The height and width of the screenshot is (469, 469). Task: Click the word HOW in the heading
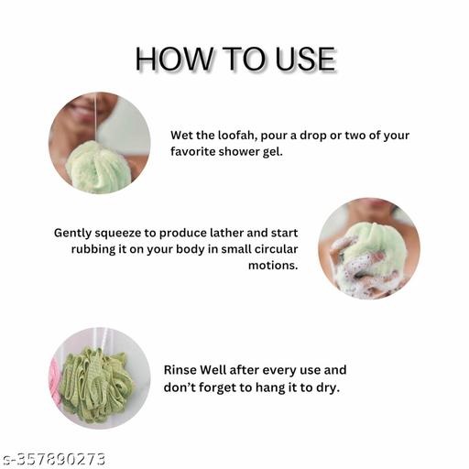coord(174,59)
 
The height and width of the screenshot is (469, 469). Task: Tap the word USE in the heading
coord(306,59)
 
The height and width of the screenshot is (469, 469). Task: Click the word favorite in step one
coord(192,151)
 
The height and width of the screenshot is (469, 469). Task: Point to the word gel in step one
coord(273,152)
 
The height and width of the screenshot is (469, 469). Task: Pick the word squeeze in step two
coord(117,234)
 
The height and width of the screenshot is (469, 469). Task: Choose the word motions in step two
coord(273,266)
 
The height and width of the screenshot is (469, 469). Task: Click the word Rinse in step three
coord(180,370)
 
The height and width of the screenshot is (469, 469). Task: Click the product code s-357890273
coord(53,459)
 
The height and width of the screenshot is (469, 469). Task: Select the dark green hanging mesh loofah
coord(96,386)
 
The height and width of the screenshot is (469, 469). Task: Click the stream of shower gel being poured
coord(96,117)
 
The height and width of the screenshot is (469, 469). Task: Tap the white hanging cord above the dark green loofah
coord(102,338)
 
